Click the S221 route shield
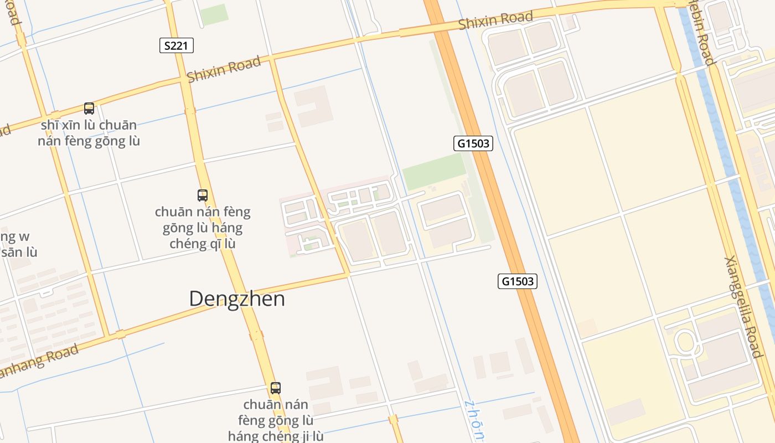(x=177, y=45)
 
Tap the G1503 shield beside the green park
(x=473, y=143)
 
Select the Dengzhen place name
(x=237, y=299)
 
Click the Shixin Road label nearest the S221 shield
(x=224, y=69)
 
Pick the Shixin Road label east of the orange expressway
(x=495, y=20)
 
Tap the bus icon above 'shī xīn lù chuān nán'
(x=89, y=108)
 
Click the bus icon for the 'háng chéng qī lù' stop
(x=203, y=195)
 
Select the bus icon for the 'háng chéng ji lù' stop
(x=276, y=388)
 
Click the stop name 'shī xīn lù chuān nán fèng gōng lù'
(x=89, y=133)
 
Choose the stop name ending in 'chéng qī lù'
(x=203, y=228)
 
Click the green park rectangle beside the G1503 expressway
(x=434, y=172)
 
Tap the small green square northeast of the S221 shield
(x=214, y=14)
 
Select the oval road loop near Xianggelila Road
(x=685, y=342)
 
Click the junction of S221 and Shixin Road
(x=184, y=80)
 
